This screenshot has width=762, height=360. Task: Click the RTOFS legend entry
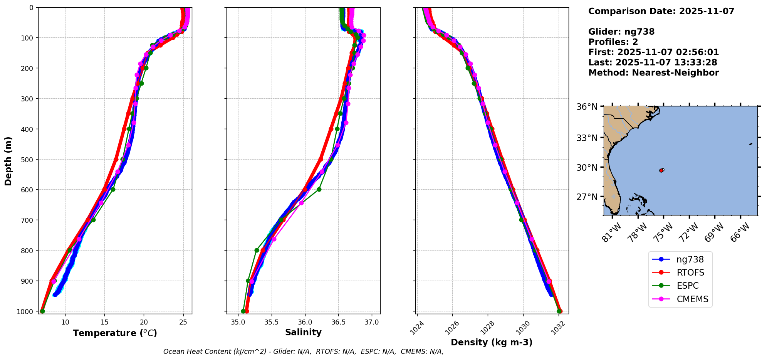point(690,273)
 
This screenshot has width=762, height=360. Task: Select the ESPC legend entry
point(687,286)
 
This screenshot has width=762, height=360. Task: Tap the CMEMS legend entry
point(692,299)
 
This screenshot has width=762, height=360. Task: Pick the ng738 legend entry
point(690,259)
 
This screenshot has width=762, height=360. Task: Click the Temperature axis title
point(115,333)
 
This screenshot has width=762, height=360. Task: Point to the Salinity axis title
point(303,332)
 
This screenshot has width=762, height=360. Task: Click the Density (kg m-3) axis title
point(492,342)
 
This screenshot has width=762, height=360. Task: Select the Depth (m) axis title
point(8,161)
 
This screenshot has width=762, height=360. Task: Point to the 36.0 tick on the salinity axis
point(305,322)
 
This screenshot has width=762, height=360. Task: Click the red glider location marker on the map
point(661,170)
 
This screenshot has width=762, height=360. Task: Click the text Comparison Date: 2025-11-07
point(661,11)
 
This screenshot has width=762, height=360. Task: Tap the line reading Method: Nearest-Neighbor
point(653,73)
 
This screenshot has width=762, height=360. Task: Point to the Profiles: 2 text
point(613,42)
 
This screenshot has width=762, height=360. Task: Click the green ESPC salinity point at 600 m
point(319,189)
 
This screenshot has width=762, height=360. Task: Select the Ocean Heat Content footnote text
point(303,352)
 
